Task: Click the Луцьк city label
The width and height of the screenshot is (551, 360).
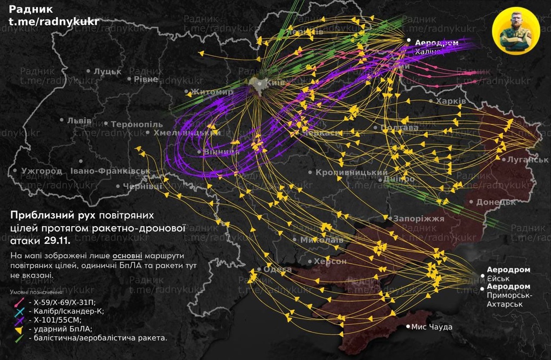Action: point(107,71)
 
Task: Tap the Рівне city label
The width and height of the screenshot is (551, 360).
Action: point(146,79)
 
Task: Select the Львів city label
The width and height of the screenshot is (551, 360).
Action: point(79,120)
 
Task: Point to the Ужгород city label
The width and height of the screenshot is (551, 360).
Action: point(41,171)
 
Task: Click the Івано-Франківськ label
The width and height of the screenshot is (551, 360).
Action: point(110,171)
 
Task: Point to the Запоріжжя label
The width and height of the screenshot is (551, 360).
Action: point(419,219)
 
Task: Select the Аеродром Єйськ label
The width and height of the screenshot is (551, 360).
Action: point(508,274)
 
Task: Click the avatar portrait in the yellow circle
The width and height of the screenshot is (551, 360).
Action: point(516,31)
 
